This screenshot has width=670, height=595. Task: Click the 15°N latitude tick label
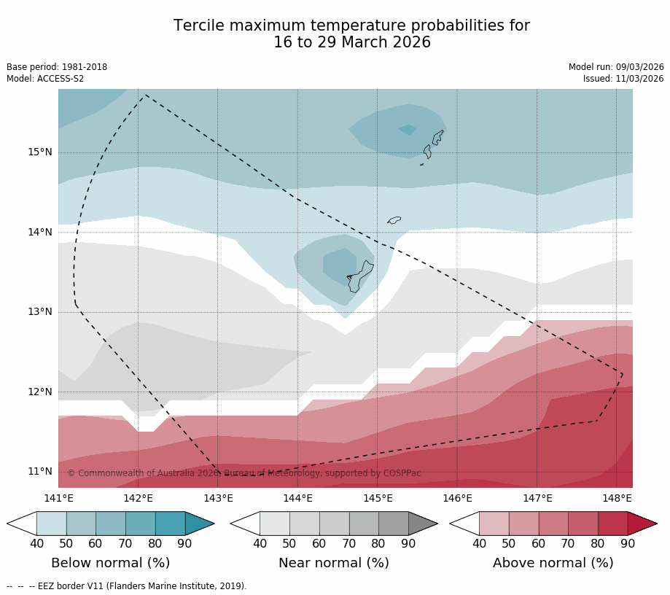click(40, 152)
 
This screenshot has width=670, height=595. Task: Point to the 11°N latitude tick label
click(40, 471)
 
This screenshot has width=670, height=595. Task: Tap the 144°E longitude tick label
click(297, 499)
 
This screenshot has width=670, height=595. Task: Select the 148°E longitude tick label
click(617, 499)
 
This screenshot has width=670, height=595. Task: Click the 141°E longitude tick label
click(58, 499)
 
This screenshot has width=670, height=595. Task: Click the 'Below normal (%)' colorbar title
click(110, 563)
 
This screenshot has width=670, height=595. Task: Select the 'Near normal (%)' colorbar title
click(334, 563)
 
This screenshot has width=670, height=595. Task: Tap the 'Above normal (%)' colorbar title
click(553, 563)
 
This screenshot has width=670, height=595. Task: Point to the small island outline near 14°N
click(394, 219)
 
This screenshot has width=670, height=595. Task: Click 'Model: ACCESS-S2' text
click(45, 79)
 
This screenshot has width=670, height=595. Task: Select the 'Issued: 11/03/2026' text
click(623, 79)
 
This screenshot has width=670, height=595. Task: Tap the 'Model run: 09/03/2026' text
click(616, 67)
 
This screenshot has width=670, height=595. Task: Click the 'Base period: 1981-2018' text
click(57, 67)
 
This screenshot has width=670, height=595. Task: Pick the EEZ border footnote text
click(126, 586)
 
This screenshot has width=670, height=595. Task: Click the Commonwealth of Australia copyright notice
click(244, 473)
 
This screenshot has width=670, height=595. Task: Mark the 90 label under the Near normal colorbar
click(408, 543)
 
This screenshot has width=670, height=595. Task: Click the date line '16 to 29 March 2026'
click(351, 43)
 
